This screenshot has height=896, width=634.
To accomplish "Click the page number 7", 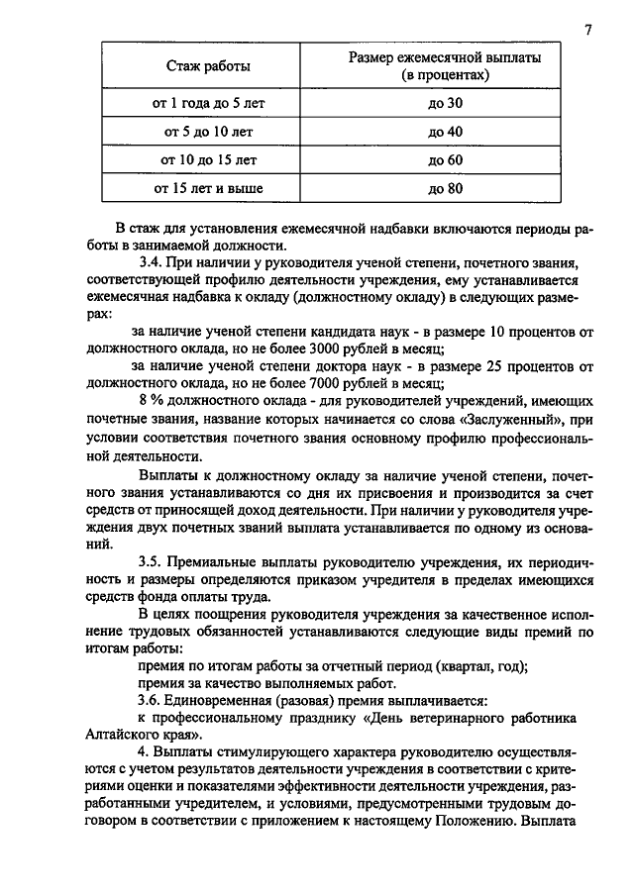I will point(587,30).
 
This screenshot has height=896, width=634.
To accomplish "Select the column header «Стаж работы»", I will point(207,66).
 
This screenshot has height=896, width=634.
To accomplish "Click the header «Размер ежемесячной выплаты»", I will point(445,58).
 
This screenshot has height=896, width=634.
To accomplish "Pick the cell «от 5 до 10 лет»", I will point(207,131).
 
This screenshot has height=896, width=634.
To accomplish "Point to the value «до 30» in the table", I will point(445,102).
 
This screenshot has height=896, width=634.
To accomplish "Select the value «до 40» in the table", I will point(445,131).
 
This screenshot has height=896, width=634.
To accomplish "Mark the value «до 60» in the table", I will point(445,159).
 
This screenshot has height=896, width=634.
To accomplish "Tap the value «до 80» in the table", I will point(445,187).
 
